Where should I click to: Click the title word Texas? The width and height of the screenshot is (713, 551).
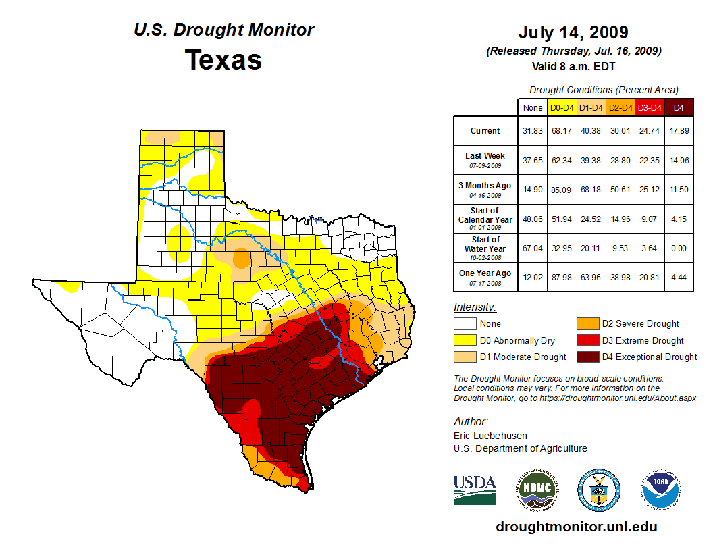223,60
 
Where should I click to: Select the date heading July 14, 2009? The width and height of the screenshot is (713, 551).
573,32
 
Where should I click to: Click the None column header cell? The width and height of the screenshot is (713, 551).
533,107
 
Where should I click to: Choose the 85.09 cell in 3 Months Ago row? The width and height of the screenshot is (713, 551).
562,190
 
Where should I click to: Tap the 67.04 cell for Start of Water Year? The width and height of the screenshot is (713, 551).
533,248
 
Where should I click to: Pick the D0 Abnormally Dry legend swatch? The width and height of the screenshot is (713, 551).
465,340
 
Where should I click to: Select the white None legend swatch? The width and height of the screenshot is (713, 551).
465,324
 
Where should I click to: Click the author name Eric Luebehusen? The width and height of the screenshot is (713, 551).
490,436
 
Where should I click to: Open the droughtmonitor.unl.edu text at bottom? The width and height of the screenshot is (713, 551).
576,527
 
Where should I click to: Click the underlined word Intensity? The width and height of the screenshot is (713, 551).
475,307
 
